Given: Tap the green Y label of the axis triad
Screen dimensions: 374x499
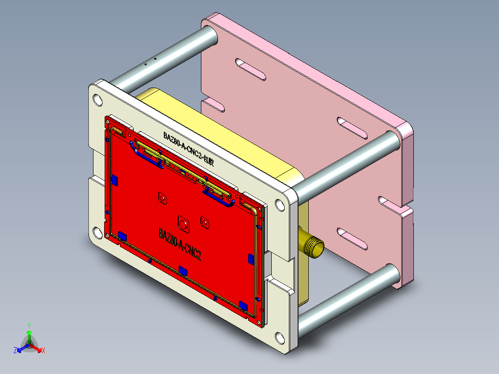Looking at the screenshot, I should click(29, 325).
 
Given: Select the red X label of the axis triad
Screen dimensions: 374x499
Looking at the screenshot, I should click(44, 351).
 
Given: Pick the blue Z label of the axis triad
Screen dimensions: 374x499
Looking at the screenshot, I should click(15, 351).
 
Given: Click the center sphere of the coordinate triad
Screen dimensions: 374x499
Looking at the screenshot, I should click(29, 345).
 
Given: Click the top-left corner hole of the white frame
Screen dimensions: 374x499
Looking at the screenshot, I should click(98, 100).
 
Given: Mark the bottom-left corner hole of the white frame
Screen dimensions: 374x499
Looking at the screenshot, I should click(98, 232).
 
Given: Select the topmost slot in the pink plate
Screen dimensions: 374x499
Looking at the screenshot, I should click(250, 69).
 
